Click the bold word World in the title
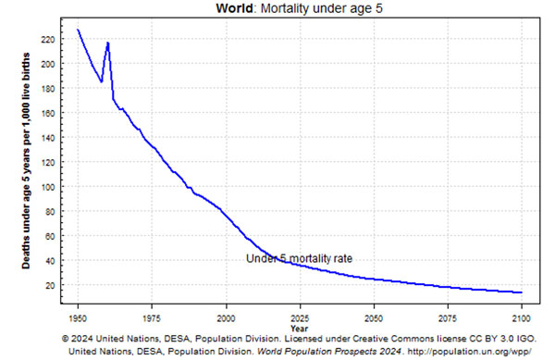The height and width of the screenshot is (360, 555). click(234, 7)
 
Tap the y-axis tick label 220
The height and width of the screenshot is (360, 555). click(48, 40)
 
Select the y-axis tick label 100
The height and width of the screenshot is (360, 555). click(48, 187)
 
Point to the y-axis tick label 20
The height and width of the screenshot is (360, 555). click(50, 285)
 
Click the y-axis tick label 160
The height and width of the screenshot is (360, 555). click(48, 113)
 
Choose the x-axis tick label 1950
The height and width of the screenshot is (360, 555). click(78, 318)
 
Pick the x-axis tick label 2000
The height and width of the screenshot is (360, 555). click(226, 318)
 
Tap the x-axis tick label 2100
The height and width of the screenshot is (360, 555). click(522, 318)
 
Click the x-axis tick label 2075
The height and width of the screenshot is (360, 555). click(448, 318)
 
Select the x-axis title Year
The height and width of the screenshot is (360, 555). click(300, 329)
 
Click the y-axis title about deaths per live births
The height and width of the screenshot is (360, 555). click(26, 161)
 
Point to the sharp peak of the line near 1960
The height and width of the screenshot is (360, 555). click(108, 43)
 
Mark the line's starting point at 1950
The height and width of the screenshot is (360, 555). click(78, 30)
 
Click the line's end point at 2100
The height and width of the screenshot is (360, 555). click(522, 292)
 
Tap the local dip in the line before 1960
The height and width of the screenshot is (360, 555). click(102, 81)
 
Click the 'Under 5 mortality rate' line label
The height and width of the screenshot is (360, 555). click(299, 259)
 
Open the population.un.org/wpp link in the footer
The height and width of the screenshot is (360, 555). click(469, 352)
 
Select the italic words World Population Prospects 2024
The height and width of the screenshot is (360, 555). click(329, 352)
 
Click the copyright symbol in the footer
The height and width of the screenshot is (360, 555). click(66, 339)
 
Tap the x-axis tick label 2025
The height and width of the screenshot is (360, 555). click(300, 318)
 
